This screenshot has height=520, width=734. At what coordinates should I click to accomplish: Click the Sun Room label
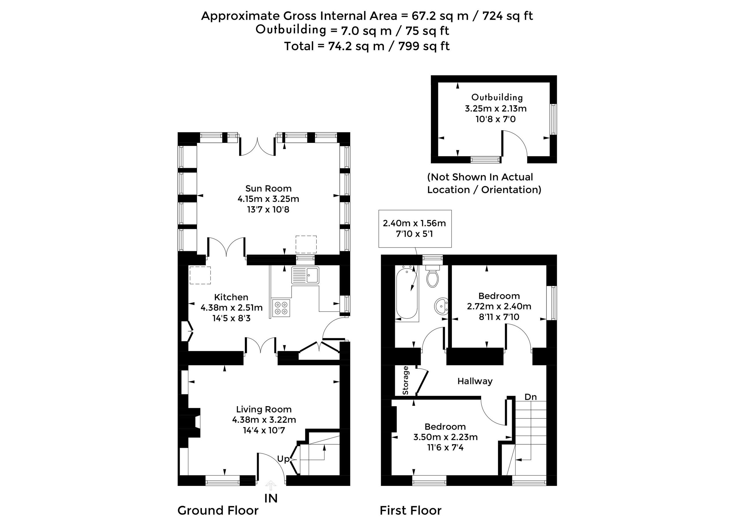tap(268, 188)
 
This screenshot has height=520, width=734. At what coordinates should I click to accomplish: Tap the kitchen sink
tap(305, 275)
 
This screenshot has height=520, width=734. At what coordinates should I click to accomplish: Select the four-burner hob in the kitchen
tap(281, 308)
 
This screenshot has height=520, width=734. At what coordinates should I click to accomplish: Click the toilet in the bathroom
tap(432, 277)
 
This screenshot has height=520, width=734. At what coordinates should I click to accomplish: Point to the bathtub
tap(407, 293)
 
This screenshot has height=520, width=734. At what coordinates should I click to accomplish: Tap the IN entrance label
tap(271, 498)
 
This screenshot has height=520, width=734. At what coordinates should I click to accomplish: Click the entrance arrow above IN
tap(271, 485)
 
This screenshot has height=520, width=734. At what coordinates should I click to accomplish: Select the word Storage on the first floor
tap(406, 380)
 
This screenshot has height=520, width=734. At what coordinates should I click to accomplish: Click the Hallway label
tap(475, 381)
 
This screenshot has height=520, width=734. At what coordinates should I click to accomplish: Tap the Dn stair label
tap(530, 397)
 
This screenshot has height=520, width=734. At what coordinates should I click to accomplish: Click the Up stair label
tap(283, 459)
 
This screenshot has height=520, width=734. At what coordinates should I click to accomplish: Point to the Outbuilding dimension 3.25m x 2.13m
tap(495, 108)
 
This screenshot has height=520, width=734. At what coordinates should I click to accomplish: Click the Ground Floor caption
tap(218, 511)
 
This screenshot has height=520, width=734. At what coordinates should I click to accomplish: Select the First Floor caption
tap(410, 511)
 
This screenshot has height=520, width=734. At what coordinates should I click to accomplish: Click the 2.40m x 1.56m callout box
tap(415, 229)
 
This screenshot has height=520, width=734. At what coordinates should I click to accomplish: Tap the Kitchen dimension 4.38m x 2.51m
tap(231, 308)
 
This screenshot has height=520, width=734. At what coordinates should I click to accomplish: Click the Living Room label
tap(264, 409)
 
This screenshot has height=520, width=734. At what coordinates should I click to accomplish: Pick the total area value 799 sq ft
tap(424, 46)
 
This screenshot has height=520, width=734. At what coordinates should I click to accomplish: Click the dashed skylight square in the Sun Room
tap(306, 245)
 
